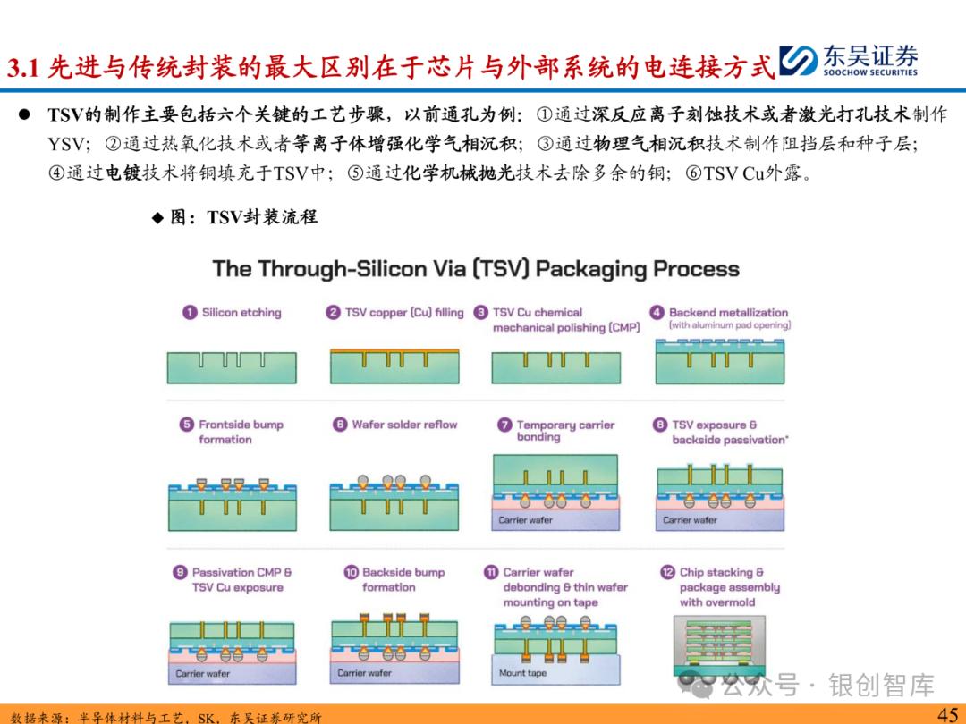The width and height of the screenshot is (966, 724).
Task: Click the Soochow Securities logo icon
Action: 799,61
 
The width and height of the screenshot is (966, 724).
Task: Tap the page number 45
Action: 947,714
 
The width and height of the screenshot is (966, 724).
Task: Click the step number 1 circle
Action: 190,313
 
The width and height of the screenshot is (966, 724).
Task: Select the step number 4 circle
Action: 657,313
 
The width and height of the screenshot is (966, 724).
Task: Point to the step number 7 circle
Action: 504,425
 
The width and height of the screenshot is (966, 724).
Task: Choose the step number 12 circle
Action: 668,572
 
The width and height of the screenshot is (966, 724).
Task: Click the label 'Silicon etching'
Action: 241,313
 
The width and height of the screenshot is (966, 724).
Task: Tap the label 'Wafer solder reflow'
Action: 405,425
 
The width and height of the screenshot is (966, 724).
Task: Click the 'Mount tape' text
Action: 522,673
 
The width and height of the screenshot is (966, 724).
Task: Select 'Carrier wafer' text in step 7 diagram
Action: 526,520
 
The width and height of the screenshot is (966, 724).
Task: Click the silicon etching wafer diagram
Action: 232,367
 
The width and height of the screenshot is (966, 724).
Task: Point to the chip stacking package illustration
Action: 719,646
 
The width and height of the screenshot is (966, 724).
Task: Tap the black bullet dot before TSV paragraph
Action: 24,114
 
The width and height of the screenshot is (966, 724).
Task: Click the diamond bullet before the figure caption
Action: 157,217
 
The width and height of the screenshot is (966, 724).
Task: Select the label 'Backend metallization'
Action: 729,313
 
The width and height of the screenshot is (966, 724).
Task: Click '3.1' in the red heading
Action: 22,67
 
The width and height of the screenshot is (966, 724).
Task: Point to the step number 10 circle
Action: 352,572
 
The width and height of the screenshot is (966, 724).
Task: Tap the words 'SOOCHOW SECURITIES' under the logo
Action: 870,72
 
